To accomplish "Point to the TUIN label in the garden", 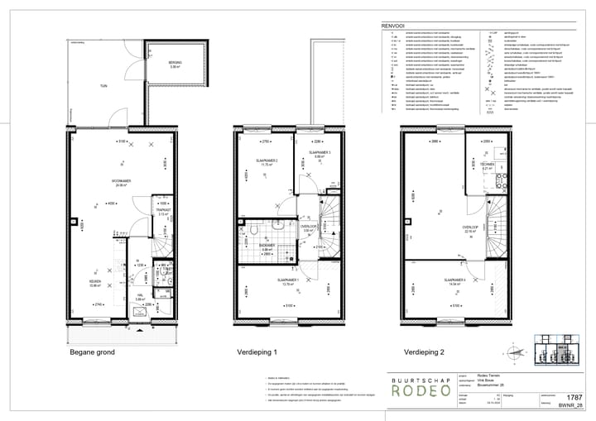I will pyautogui.click(x=103, y=85).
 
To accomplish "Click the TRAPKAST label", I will pyautogui.click(x=163, y=210).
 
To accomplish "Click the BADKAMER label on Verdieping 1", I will pyautogui.click(x=267, y=246).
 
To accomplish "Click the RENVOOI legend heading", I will pyautogui.click(x=392, y=27).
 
